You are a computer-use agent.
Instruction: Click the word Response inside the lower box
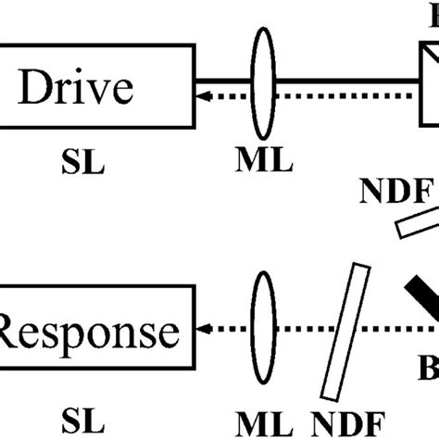[x=90, y=331]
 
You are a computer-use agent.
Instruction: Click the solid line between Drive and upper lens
[x=222, y=78]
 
